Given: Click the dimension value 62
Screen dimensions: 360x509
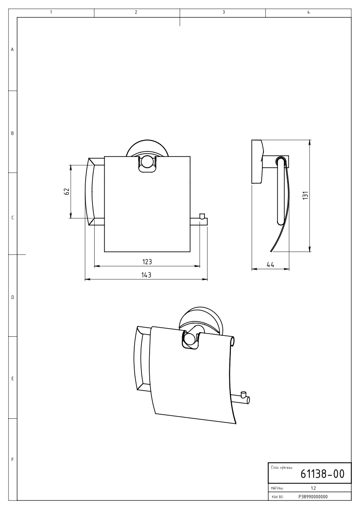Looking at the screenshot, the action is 67,191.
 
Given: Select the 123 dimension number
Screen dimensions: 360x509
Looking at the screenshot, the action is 147,262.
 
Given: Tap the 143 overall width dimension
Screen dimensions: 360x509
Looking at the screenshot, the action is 146,275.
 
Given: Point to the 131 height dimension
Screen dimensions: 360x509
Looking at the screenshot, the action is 305,195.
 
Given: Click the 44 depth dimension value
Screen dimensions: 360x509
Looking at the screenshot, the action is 270,265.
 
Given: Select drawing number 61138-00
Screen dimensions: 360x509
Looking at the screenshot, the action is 322,474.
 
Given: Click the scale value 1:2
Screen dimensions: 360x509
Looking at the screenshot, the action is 313,488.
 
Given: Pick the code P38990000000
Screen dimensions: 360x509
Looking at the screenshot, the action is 313,497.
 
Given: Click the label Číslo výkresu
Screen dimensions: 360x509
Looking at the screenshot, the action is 282,468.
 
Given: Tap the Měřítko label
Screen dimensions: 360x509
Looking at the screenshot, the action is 277,488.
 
